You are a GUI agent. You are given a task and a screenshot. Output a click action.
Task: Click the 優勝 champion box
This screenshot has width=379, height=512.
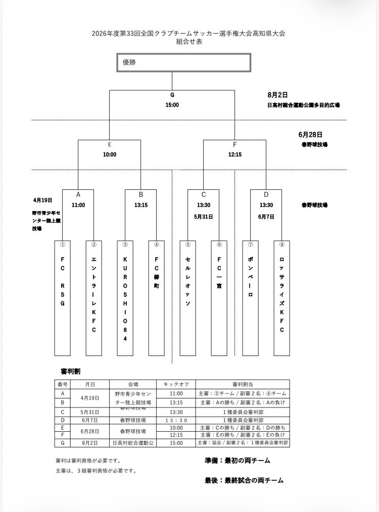[183, 63]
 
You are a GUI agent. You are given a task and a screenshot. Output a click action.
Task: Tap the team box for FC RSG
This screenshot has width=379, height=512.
[63, 298]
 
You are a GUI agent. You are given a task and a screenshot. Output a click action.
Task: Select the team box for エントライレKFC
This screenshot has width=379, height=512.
[94, 298]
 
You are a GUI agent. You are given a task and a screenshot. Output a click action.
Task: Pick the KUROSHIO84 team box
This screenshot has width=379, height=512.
[125, 298]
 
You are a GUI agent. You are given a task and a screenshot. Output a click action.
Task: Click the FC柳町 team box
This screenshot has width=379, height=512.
[157, 298]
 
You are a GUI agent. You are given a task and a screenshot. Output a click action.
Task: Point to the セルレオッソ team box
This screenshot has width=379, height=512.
[188, 298]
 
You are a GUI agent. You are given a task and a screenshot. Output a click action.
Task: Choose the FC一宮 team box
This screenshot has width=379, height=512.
[219, 298]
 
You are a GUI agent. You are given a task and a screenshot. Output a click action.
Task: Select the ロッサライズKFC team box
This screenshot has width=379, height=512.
[281, 298]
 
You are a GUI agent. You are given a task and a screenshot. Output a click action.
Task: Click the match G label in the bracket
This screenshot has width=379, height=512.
[172, 95]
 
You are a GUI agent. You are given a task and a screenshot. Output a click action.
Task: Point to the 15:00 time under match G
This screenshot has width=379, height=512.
[172, 105]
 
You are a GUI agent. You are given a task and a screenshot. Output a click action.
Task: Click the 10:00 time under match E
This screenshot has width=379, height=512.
[110, 155]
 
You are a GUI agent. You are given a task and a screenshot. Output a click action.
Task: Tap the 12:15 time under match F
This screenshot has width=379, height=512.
[234, 155]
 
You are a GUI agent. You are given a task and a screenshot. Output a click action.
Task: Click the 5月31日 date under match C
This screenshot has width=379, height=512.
[203, 217]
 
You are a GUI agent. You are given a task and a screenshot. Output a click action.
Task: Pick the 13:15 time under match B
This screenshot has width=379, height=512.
[141, 205]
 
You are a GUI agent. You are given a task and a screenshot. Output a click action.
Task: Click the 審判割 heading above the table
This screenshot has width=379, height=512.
[68, 371]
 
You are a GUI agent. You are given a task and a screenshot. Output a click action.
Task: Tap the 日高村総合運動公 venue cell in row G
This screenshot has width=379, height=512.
[131, 443]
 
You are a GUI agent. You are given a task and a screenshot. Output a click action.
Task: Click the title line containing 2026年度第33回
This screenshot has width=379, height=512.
[188, 33]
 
